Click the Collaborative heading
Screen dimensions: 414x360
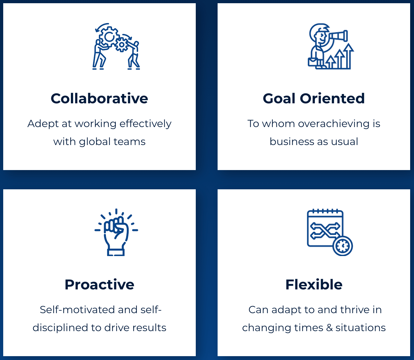(x=99, y=99)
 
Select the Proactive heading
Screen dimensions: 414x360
(x=99, y=285)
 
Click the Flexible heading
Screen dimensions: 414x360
(x=314, y=285)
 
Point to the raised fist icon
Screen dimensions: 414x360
(x=116, y=232)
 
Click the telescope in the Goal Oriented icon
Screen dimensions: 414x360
(x=337, y=36)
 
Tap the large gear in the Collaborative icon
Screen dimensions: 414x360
(x=109, y=37)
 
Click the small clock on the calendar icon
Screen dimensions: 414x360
(x=342, y=246)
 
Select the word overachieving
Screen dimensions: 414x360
(x=334, y=124)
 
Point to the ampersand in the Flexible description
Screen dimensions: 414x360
(x=329, y=328)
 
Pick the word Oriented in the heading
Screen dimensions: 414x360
(x=332, y=99)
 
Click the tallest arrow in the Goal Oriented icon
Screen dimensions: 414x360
(x=348, y=56)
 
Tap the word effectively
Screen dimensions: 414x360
(x=145, y=124)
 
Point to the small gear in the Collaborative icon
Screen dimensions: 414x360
(x=121, y=45)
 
